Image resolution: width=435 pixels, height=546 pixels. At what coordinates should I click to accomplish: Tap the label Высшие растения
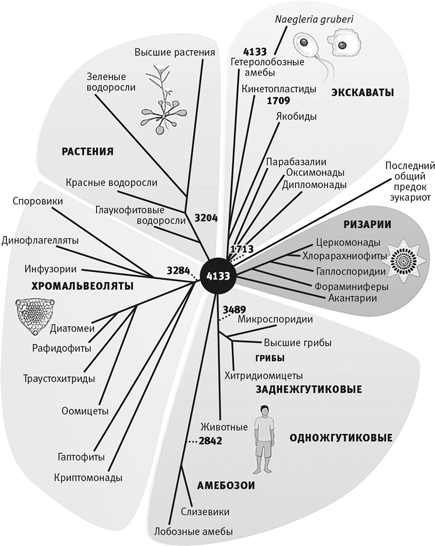click(x=175, y=53)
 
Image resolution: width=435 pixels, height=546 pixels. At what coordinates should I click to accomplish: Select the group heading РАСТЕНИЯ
click(x=88, y=151)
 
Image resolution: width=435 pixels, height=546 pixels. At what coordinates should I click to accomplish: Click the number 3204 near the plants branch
click(x=206, y=219)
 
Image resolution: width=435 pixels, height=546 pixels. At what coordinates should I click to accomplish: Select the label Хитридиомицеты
click(x=264, y=375)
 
